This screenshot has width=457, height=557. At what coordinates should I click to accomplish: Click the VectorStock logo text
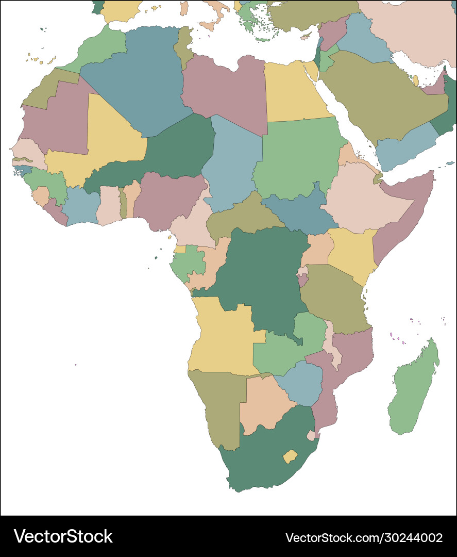pos(63,536)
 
